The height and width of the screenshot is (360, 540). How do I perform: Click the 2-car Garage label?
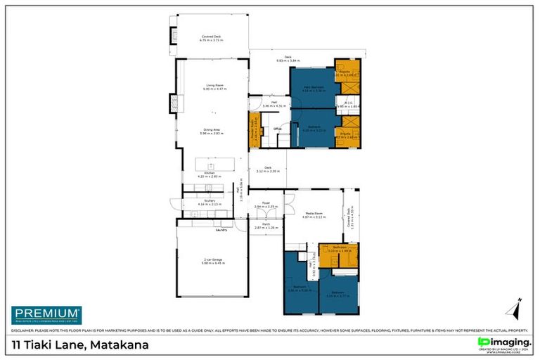point(212,260)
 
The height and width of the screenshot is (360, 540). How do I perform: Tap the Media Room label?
point(314,214)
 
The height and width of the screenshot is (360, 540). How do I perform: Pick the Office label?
point(278,129)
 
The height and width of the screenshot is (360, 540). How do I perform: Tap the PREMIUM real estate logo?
point(46,314)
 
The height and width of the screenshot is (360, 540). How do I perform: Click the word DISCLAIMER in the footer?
point(24,330)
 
